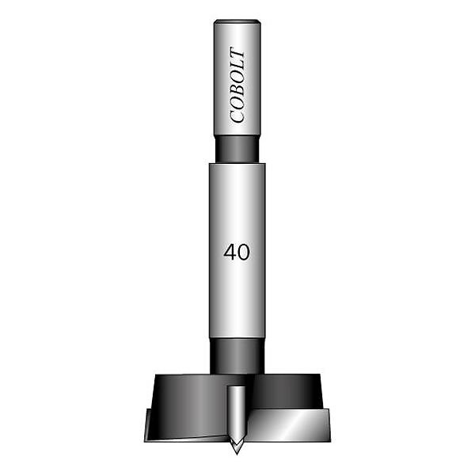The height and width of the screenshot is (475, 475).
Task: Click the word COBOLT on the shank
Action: pos(237,85)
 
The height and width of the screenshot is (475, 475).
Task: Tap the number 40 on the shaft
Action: pos(237,253)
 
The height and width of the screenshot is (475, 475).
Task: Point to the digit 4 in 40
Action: pos(230,253)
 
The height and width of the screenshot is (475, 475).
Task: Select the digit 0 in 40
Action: pos(244,253)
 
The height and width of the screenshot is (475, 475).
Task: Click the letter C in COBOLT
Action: pos(237,116)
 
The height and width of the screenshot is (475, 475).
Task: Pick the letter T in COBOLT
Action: pos(237,52)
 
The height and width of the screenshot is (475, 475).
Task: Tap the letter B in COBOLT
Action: pos(237,89)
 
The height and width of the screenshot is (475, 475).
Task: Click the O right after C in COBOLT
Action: pos(237,102)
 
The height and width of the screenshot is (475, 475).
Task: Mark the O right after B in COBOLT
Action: pos(237,76)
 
